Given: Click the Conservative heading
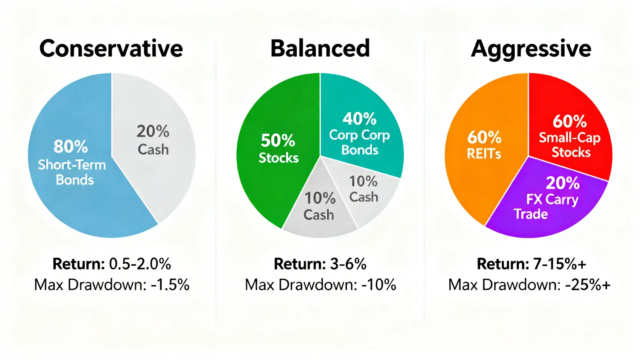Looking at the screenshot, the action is tap(111, 48).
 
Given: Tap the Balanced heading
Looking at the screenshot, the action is tap(320, 48).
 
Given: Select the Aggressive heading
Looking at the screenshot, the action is tap(531, 50).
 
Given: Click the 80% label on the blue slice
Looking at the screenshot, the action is tap(71, 146).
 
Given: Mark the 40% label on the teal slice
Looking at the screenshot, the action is tap(360, 119).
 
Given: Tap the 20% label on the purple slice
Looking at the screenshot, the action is tap(562, 183).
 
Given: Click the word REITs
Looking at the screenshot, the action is tap(484, 154).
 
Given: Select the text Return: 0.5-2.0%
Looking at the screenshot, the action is tap(112, 264).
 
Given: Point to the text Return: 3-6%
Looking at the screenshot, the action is tap(320, 264).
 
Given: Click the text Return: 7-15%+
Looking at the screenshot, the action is tap(531, 264).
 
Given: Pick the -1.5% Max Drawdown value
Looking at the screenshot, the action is tap(170, 285).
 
